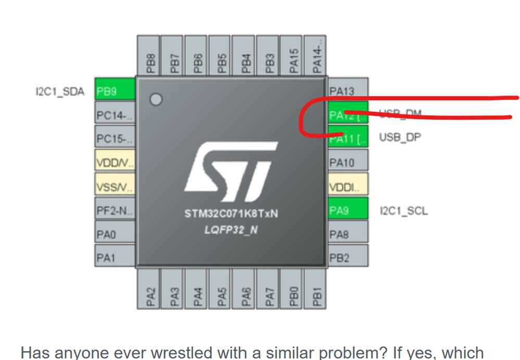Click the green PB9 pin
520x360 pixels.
click(115, 91)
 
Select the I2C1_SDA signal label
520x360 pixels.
click(59, 92)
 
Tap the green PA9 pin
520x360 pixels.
click(348, 210)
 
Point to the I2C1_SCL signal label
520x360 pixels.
click(403, 211)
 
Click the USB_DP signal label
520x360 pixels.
click(400, 138)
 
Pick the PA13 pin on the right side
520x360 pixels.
click(348, 90)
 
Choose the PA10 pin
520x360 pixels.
click(348, 162)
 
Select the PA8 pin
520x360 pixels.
click(348, 234)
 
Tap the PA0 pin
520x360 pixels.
click(115, 234)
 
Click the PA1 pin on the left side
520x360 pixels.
click(115, 257)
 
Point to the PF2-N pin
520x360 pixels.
click(115, 210)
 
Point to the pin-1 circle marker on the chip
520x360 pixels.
click(156, 99)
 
